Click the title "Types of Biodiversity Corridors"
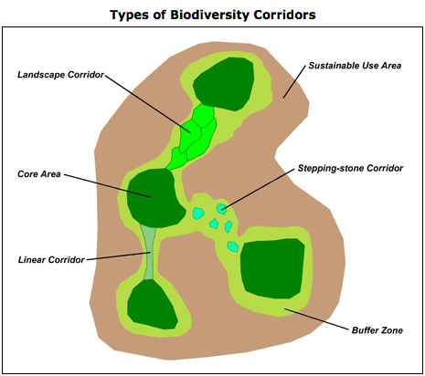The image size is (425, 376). point(213,15)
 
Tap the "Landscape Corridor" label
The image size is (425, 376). point(60,75)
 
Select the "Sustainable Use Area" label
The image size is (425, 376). point(355,66)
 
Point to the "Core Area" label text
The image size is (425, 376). point(39,174)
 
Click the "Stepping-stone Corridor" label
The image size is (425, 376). point(350,168)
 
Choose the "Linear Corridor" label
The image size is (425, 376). point(51,260)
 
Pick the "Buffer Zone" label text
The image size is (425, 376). point(377,330)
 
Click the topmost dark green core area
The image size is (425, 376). point(224,84)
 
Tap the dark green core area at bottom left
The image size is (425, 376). point(152,305)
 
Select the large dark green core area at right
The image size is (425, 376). point(272,268)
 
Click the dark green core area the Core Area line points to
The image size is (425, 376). point(154,199)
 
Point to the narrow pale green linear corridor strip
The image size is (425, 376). point(149,252)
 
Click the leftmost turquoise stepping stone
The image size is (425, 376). point(198,213)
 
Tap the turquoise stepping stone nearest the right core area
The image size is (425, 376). point(233,246)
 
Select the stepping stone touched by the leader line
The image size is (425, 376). point(222,209)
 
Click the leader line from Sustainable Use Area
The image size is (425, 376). point(294,81)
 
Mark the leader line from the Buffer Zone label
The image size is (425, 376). point(316,319)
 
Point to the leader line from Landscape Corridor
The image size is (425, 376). point(148,104)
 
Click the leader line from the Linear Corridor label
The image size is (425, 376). point(119,256)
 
